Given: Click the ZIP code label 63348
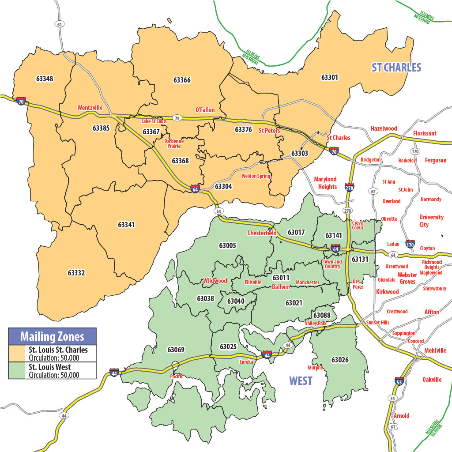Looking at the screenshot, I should pos(44,79).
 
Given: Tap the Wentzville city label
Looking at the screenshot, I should pos(90,108).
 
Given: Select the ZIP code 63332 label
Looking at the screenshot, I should pos(76,273).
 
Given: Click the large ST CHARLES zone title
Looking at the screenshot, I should pos(396,68).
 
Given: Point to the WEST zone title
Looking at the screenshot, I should pos(301,380).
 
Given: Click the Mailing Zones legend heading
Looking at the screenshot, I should pos(52,336).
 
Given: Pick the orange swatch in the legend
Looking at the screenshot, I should pos(18,354).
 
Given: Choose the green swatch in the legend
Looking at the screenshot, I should pos(18,371).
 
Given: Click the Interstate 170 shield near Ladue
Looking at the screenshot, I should pos(410,244).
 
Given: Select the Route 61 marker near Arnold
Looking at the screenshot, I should pos(392,427).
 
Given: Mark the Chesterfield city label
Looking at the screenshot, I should pos(262,233).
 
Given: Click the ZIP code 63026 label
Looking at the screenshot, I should pos(340,360).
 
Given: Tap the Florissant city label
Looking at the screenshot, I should pos(425,133).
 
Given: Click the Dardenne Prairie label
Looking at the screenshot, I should pos(174,143).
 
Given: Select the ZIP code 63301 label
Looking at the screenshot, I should pos(329,77).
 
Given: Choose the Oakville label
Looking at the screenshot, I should pos(432,380).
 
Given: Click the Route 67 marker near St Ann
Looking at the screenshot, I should pos(373,191).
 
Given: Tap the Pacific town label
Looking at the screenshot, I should pos(176,377).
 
